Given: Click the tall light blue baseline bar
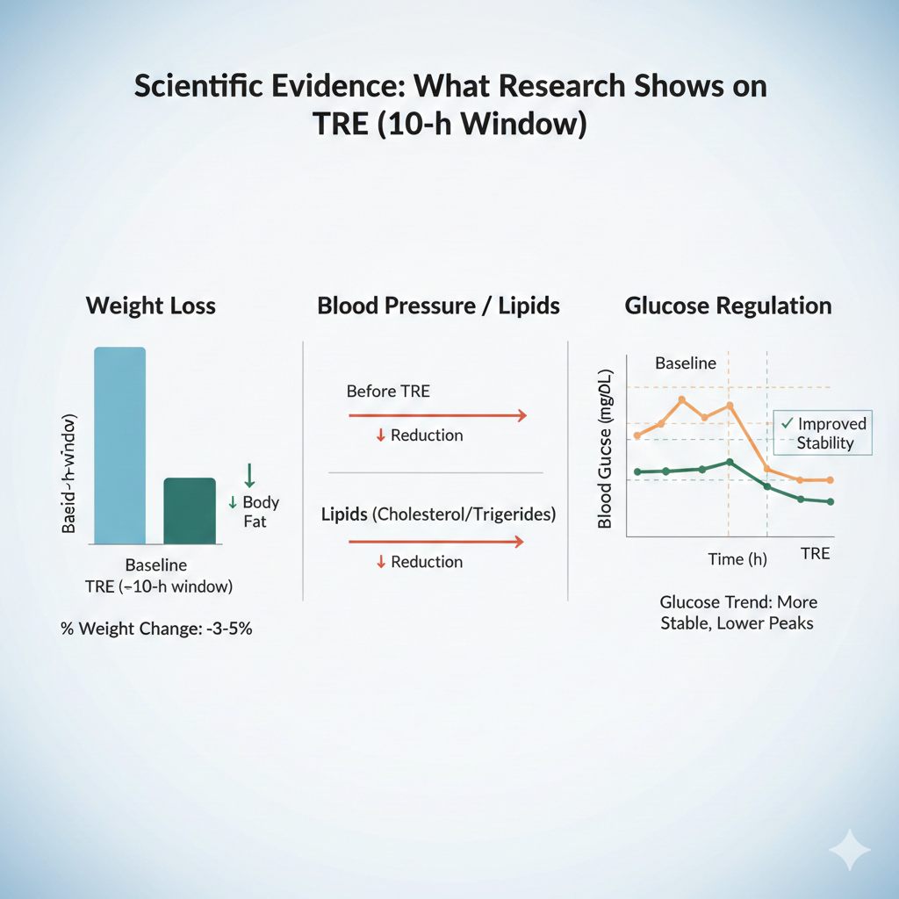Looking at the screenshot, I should coord(119,446).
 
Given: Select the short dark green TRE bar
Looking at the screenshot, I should coord(190,511).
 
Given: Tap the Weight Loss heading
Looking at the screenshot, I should coord(150,306).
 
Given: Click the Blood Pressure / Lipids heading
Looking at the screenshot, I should coord(438,306).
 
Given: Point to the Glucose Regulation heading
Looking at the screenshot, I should coord(728,306).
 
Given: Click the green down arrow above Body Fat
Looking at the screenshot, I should coord(249,475).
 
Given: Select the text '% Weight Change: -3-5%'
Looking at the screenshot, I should coord(156,629).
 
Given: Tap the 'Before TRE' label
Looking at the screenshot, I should coord(388,391).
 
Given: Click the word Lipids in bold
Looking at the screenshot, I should coord(344,514).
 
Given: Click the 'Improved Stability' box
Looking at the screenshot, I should coord(823,433).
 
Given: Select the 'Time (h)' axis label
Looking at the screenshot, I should coord(737,558).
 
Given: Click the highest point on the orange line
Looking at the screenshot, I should coord(682,399).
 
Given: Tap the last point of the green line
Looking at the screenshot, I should coord(830,501).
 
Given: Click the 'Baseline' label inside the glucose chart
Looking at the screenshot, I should coord(686,363).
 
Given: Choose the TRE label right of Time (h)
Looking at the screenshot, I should coord(815,554).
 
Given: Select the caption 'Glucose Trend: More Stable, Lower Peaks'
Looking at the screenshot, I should coord(737,612).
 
